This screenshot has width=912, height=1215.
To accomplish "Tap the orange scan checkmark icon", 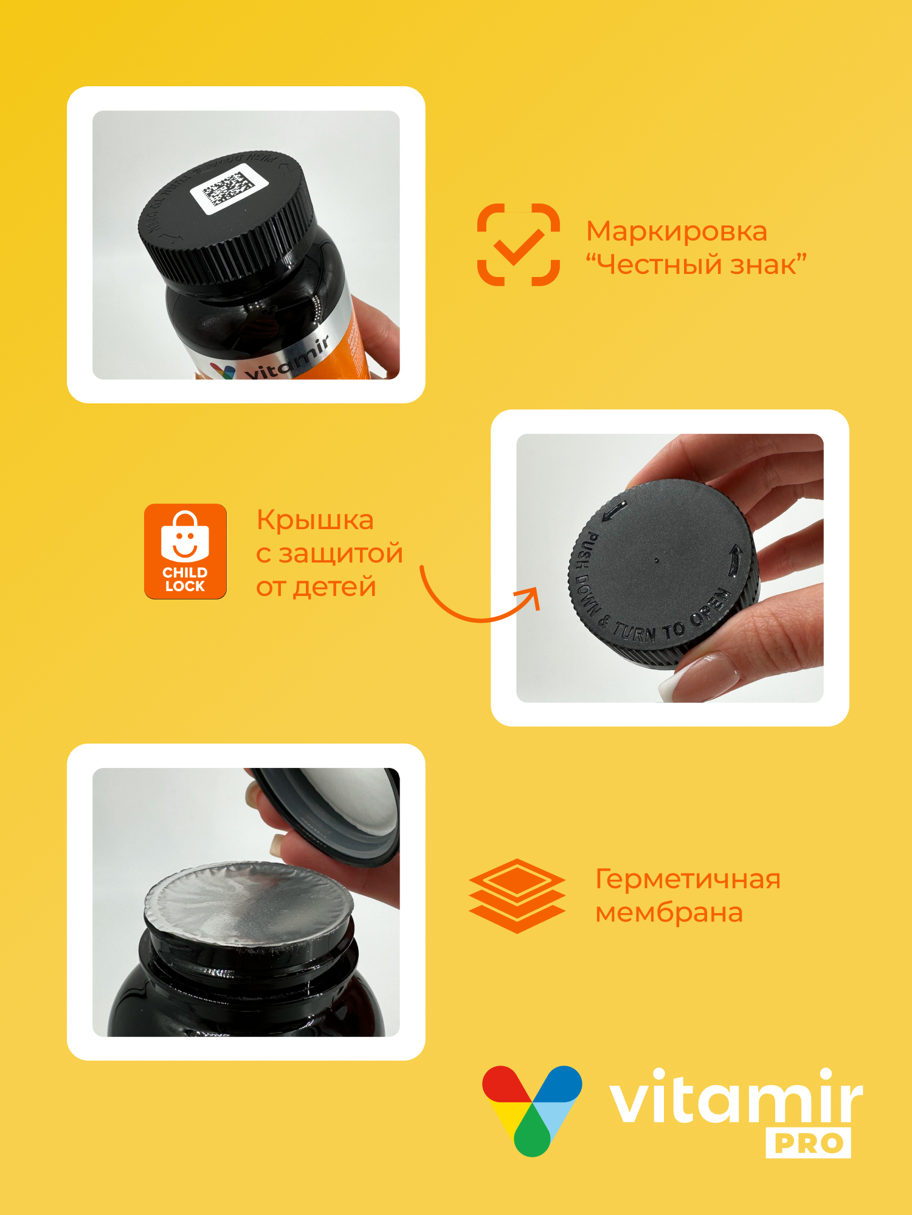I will [x=518, y=244].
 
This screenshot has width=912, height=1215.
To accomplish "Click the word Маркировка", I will [x=676, y=231].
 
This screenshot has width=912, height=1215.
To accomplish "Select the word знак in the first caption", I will [x=768, y=265].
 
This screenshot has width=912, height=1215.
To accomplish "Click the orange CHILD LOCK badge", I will [x=185, y=551].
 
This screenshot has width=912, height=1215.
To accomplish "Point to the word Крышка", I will [x=315, y=521].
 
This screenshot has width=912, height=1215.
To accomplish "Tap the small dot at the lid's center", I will [x=656, y=560].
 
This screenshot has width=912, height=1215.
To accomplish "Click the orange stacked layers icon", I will [x=517, y=895].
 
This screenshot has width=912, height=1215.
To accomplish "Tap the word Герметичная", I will [x=687, y=879].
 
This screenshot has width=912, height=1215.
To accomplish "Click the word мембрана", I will [x=669, y=912].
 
